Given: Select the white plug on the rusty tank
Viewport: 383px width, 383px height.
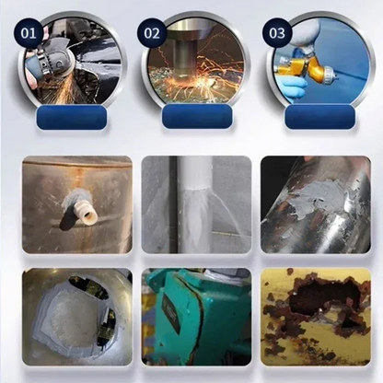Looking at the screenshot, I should (x=84, y=213).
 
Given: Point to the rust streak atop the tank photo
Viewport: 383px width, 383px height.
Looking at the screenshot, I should (x=78, y=174).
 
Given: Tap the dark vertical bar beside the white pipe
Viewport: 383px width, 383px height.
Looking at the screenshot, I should (x=172, y=203).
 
